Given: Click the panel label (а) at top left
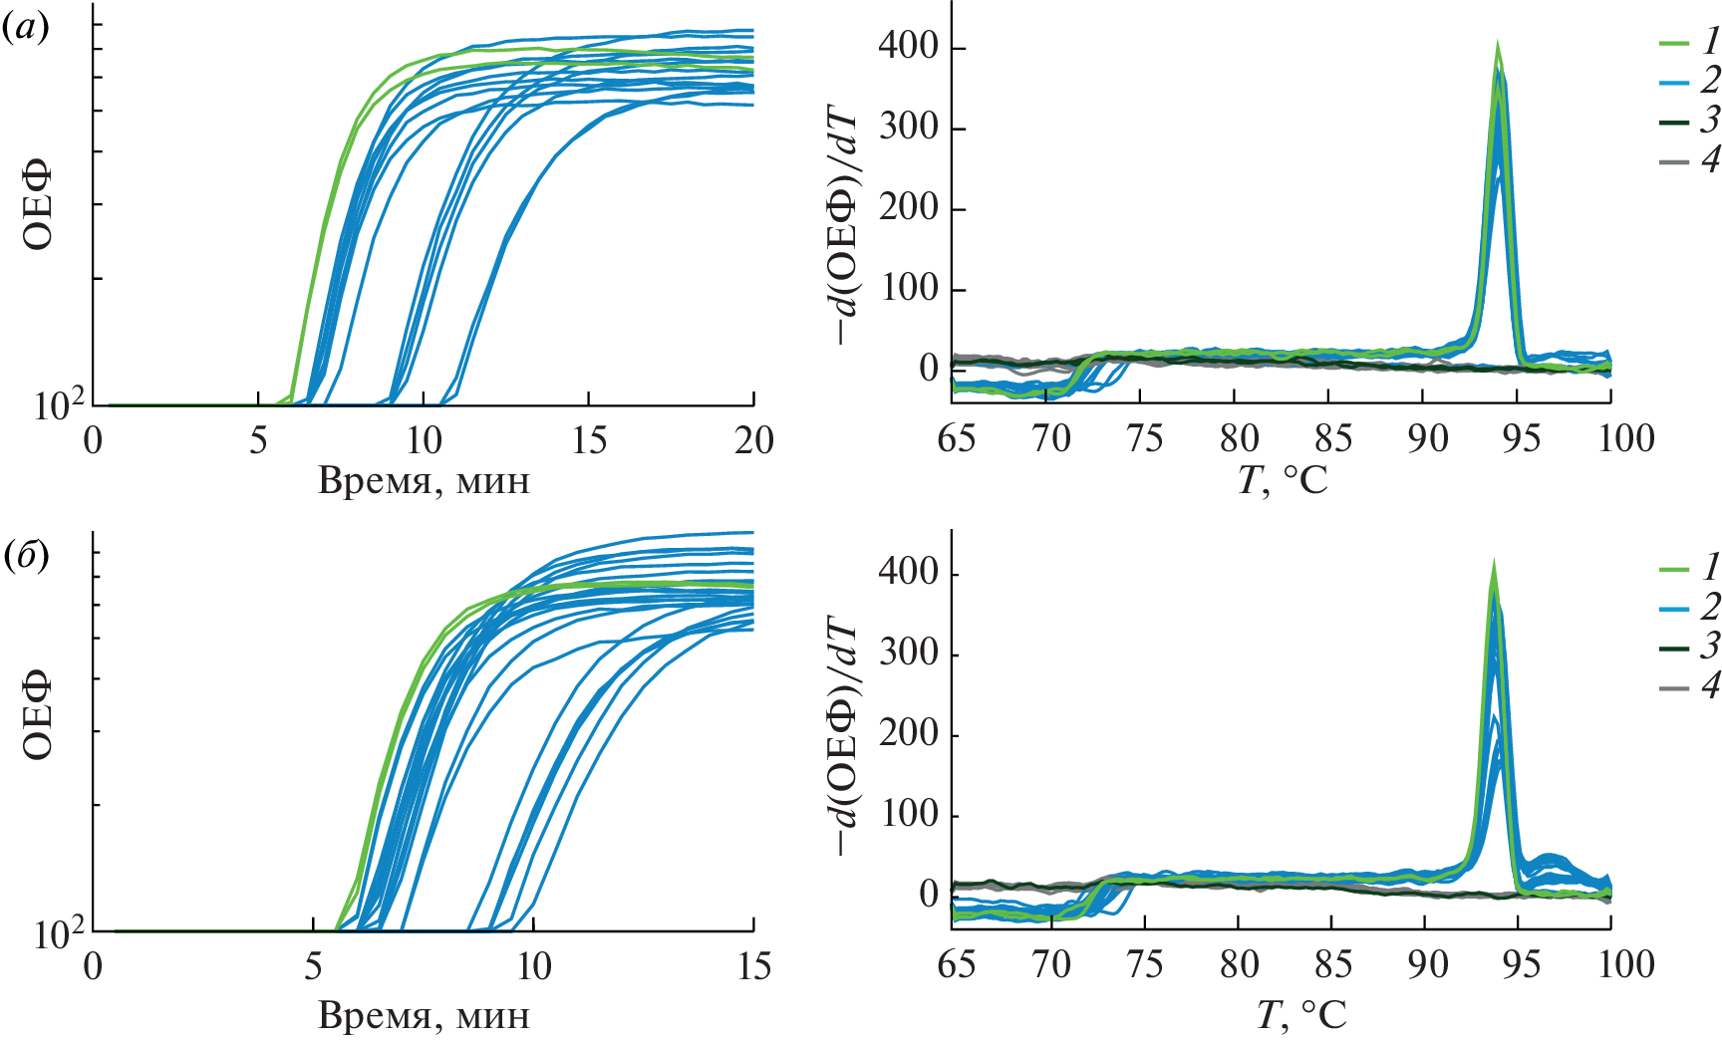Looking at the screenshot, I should click(x=25, y=30).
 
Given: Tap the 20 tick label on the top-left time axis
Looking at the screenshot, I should click(x=753, y=440).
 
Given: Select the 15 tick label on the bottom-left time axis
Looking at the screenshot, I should click(x=753, y=966).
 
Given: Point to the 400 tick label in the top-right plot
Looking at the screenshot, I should click(x=908, y=47).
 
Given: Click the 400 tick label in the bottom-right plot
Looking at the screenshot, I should click(x=908, y=573).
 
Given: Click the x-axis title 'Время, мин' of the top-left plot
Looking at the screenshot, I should click(x=424, y=482).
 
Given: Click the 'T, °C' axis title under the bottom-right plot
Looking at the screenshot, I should click(x=1300, y=1015).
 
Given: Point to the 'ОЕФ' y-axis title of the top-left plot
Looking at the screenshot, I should click(x=38, y=209).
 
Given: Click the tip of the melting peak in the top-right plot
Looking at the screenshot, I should click(x=1497, y=46).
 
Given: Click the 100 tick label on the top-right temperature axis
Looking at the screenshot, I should click(x=1625, y=439).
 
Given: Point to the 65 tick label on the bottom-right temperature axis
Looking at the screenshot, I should click(x=957, y=965).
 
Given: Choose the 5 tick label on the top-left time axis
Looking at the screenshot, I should click(x=258, y=440).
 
